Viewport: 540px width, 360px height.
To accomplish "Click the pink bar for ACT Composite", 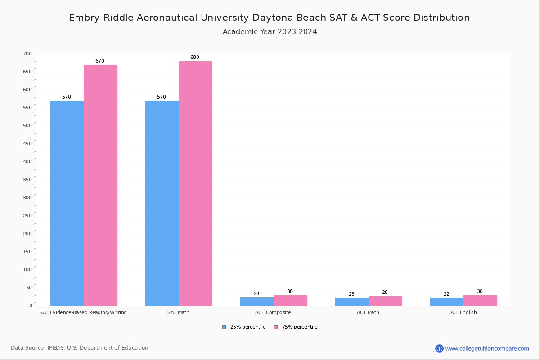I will click(290, 301).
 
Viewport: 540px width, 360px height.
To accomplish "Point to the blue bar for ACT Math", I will click(352, 302).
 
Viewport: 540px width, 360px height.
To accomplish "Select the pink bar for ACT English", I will click(480, 301).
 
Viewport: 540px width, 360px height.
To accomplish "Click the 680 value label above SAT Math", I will click(194, 58).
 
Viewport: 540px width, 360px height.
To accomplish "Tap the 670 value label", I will click(99, 61).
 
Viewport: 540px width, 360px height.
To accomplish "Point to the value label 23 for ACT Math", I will click(351, 294).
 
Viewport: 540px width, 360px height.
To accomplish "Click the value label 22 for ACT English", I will click(446, 294).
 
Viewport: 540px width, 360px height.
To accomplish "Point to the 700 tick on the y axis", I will click(27, 54).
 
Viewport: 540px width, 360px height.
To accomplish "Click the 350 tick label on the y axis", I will click(27, 180).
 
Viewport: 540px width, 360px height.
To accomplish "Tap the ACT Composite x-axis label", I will click(274, 312).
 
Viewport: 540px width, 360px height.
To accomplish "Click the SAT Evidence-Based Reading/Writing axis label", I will click(83, 312).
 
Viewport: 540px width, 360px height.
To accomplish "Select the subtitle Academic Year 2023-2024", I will click(270, 32).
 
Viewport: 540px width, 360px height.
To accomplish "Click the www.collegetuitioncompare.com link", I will click(487, 348).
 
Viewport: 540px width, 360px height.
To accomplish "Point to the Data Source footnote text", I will click(80, 348).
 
